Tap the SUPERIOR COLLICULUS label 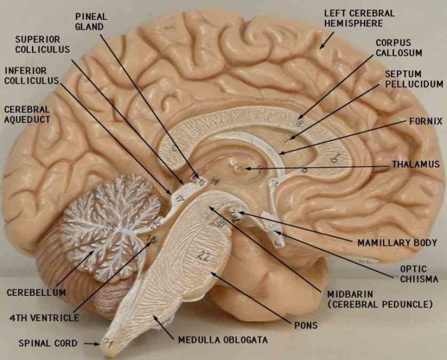click(x=42, y=44)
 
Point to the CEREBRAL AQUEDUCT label click(x=26, y=114)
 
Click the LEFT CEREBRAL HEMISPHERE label click(x=359, y=18)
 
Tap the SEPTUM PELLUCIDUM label click(x=414, y=79)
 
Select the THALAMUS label click(x=415, y=164)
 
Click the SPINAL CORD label click(x=48, y=343)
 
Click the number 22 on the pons click(x=203, y=255)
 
